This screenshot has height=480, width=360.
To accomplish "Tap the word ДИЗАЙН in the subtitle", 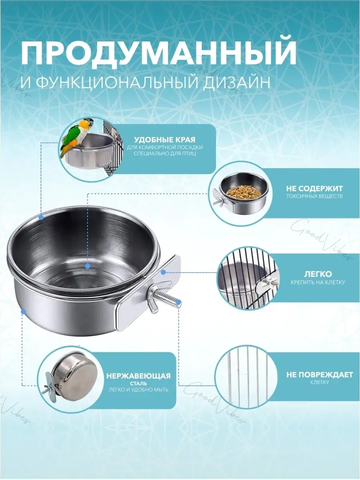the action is pyautogui.click(x=236, y=83).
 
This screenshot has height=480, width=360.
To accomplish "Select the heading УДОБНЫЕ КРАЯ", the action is pyautogui.click(x=165, y=140).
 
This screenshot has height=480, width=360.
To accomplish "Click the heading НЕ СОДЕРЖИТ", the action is pyautogui.click(x=314, y=188).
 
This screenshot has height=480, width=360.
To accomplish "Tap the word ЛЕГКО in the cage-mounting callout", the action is pyautogui.click(x=318, y=274).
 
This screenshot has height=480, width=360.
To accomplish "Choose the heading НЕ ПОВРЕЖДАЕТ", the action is pyautogui.click(x=320, y=374).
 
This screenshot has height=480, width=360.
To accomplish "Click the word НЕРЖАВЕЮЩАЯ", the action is pyautogui.click(x=138, y=376).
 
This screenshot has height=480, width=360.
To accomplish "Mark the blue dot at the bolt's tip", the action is pyautogui.click(x=178, y=302).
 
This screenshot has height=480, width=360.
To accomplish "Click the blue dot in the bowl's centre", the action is pyautogui.click(x=88, y=266).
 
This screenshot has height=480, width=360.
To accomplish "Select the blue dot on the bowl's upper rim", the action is pyautogui.click(x=41, y=217).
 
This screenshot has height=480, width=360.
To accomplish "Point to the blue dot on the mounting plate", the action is pyautogui.click(x=163, y=272).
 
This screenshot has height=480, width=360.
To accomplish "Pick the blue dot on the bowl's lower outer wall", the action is pyautogui.click(x=24, y=312).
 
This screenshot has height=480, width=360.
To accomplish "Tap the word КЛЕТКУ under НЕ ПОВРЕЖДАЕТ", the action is pyautogui.click(x=320, y=382).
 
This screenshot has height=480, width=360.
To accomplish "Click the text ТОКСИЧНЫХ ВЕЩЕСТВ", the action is pyautogui.click(x=314, y=196).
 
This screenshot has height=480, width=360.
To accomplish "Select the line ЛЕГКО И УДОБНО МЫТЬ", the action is pyautogui.click(x=138, y=390).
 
